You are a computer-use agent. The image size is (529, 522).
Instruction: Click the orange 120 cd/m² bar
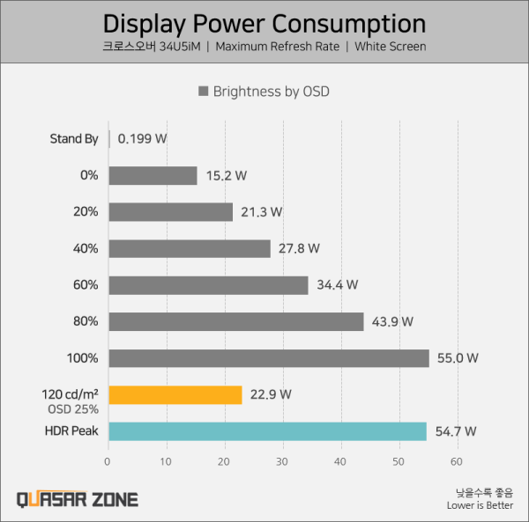tap(175, 395)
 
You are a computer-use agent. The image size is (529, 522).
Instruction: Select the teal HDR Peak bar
tap(267, 431)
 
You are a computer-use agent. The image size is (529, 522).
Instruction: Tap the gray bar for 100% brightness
tap(269, 358)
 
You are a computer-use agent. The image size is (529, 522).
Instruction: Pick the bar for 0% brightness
tap(153, 175)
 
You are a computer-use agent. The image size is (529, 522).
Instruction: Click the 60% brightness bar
tap(208, 285)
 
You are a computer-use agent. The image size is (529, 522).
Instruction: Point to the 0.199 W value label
tap(142, 139)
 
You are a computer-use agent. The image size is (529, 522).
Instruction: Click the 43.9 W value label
tap(392, 321)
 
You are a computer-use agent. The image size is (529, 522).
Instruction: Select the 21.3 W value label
tap(262, 212)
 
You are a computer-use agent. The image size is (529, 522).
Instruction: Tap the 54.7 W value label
tap(456, 431)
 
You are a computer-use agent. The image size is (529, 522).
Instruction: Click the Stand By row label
tap(74, 139)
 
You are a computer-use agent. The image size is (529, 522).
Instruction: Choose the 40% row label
tap(86, 248)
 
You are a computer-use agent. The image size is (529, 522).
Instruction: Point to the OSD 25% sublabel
tap(73, 409)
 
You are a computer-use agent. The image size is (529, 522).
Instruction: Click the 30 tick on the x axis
tap(282, 462)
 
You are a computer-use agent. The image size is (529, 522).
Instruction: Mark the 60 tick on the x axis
tap(457, 462)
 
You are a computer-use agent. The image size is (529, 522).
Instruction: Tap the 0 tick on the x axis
tap(108, 462)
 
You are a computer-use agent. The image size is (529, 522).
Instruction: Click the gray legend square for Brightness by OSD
tap(203, 92)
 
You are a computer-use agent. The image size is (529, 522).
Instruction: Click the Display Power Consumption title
tap(264, 24)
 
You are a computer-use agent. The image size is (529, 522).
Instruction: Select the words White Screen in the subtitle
tap(391, 47)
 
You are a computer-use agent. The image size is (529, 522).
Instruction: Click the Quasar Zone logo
tap(78, 499)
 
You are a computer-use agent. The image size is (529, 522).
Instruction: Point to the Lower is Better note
tap(481, 505)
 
